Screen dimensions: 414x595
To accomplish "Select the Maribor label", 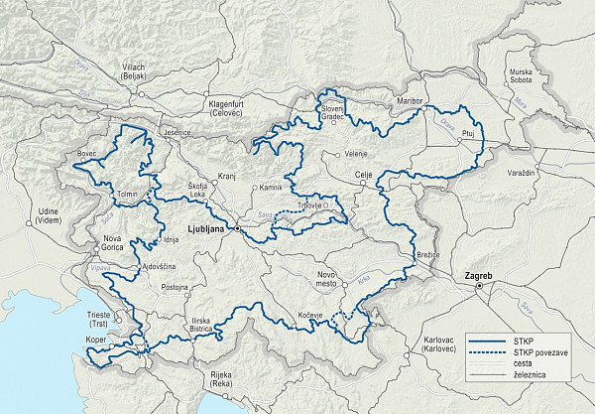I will [x=410, y=101].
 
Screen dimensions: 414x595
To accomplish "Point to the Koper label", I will [x=95, y=339].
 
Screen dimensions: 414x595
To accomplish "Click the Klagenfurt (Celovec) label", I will [x=234, y=108].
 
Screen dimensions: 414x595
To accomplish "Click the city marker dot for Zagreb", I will [x=478, y=287].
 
